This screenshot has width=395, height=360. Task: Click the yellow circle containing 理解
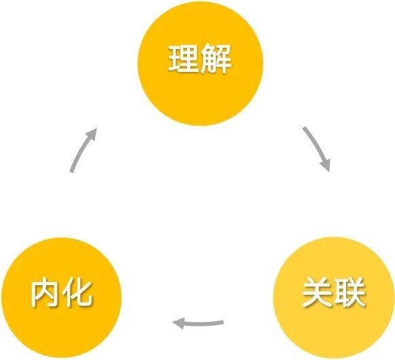coord(200,63)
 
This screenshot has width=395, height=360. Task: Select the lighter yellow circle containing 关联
coord(334,298)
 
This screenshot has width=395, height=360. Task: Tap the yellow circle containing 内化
coord(61,298)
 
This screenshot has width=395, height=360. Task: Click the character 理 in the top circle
coord(183,59)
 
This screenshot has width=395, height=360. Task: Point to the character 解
coord(217,59)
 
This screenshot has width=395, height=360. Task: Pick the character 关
coord(317,293)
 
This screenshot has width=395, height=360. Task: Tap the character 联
coord(350,293)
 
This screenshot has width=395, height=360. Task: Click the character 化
coord(77,293)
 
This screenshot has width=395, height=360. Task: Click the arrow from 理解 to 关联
coord(318,148)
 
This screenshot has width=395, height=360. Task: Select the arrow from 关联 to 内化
coord(198,323)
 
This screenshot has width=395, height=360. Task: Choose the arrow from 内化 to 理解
coord(81,149)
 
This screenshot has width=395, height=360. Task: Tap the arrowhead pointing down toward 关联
coord(326,165)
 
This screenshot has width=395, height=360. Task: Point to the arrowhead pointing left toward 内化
coord(178,323)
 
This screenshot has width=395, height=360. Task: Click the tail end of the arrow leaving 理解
coord(304,128)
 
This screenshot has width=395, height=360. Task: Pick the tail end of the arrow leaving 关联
coord(223,322)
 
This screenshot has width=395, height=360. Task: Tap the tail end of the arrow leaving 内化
coord(71,172)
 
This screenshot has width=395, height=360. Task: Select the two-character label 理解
coord(200,59)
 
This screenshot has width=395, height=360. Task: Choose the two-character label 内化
coord(61,293)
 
